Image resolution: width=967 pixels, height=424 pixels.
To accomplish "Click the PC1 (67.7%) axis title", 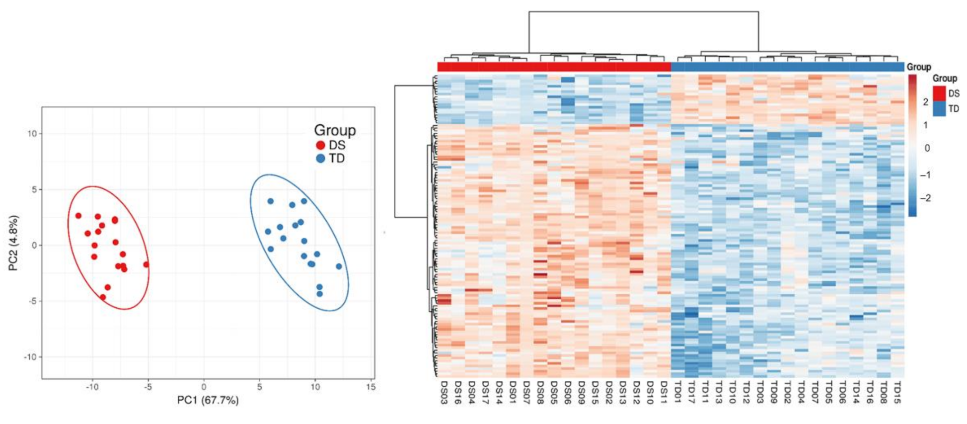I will pyautogui.click(x=208, y=400).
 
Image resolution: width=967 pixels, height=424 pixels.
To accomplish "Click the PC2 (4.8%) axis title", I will pyautogui.click(x=13, y=243).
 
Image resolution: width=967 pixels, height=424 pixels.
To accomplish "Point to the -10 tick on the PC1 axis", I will pyautogui.click(x=92, y=387).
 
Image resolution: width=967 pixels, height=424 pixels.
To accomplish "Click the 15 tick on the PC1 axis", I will pyautogui.click(x=371, y=387).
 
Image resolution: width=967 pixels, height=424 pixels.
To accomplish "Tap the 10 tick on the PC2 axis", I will pyautogui.click(x=31, y=134).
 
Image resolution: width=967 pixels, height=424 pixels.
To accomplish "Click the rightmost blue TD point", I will pyautogui.click(x=339, y=266).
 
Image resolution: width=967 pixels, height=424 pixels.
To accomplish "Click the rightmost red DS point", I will pyautogui.click(x=146, y=264).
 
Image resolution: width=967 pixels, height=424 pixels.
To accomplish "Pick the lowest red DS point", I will pyautogui.click(x=103, y=297).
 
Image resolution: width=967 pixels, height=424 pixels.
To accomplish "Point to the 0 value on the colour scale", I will pyautogui.click(x=927, y=148).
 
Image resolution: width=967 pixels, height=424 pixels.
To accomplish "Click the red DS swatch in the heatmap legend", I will pyautogui.click(x=939, y=93).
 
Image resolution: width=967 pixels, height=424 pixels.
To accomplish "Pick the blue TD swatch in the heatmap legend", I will pyautogui.click(x=939, y=109).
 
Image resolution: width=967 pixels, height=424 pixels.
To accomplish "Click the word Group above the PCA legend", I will pyautogui.click(x=335, y=130).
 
